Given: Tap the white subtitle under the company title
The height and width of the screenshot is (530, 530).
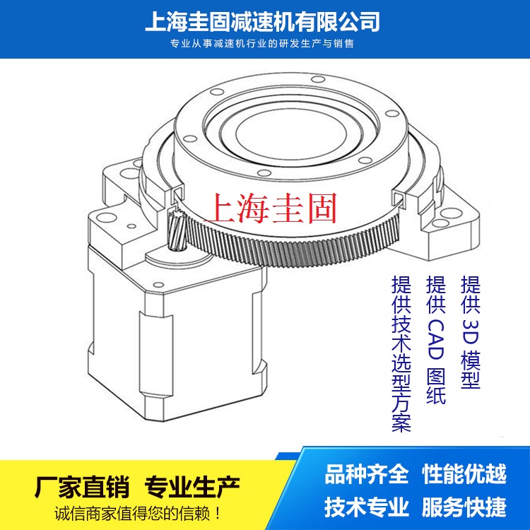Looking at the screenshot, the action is click(x=262, y=44).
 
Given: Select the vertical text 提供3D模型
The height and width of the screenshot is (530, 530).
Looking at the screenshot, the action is click(x=471, y=332).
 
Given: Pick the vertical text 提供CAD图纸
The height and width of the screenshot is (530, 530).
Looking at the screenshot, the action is click(x=436, y=339).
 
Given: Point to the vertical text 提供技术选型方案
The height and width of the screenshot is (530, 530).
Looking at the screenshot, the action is click(x=401, y=353).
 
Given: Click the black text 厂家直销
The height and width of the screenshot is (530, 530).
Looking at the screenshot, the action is click(x=82, y=487).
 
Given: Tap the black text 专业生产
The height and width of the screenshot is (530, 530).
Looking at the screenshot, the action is click(x=192, y=487).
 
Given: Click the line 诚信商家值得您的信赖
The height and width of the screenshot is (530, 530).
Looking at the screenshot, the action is click(x=137, y=514).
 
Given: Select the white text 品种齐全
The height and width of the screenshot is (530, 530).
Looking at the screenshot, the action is click(x=367, y=474).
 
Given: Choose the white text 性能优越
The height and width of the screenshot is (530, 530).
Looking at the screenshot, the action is click(x=464, y=474).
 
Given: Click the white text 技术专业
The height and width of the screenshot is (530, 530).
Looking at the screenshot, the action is click(x=367, y=507).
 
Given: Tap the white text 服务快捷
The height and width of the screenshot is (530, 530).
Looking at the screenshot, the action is click(x=464, y=507).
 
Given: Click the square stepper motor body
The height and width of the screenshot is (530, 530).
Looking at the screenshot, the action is click(x=177, y=341).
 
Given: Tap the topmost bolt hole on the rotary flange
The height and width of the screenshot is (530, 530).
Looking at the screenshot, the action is click(x=318, y=79).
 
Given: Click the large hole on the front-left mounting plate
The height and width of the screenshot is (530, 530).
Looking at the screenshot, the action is click(x=106, y=218).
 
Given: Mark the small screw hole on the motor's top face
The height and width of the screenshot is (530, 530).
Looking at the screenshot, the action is click(x=158, y=284).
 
